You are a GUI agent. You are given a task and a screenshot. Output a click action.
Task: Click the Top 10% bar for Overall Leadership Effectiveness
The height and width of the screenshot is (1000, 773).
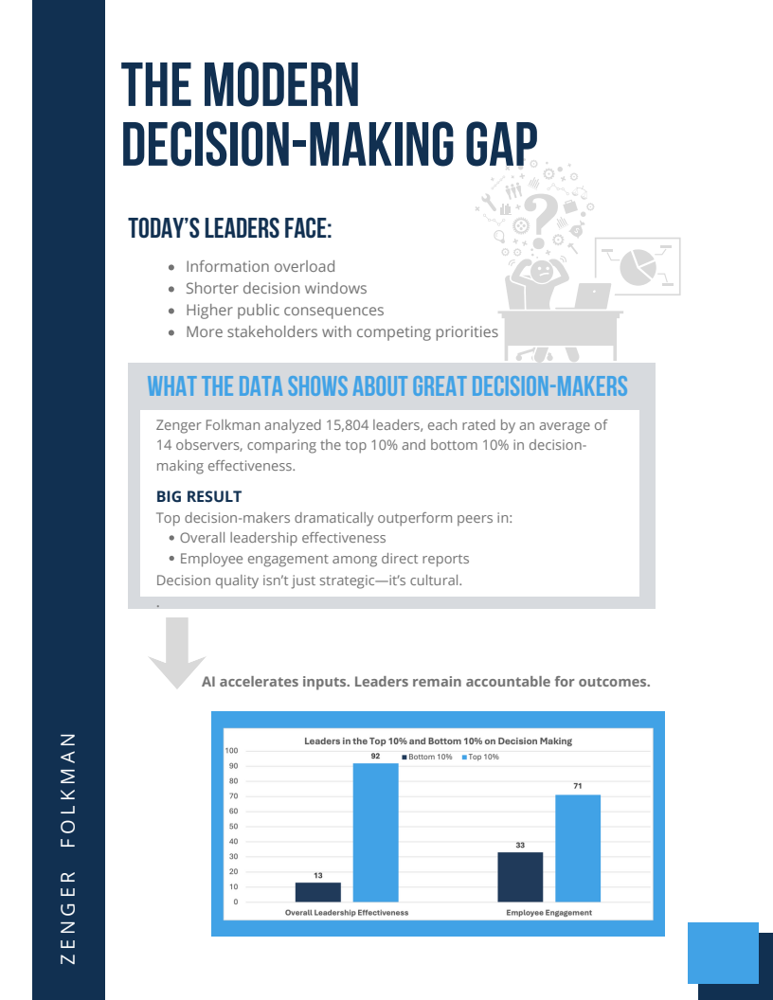click(x=376, y=832)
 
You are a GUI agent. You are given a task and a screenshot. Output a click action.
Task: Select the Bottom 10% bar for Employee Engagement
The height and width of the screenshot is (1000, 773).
click(x=520, y=877)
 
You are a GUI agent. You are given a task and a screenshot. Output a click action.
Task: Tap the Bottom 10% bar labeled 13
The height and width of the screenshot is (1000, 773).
click(x=317, y=892)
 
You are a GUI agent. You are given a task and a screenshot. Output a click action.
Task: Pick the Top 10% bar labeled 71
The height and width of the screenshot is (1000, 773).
click(x=578, y=848)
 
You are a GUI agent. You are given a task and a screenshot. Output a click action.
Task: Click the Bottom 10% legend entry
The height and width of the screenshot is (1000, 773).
click(x=426, y=757)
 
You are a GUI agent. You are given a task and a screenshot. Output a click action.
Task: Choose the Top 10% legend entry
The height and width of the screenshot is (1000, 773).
click(x=480, y=757)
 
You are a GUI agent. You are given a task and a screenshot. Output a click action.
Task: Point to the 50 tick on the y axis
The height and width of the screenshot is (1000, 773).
click(x=233, y=827)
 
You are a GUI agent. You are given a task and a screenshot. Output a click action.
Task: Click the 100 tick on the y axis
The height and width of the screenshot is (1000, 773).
click(x=231, y=751)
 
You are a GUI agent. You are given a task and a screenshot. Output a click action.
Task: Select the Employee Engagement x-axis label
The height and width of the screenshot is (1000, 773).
click(x=548, y=913)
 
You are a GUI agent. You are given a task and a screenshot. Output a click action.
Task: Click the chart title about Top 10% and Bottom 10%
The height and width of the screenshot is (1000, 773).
click(x=439, y=741)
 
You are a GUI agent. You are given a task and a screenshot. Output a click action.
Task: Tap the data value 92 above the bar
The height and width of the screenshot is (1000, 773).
click(x=376, y=756)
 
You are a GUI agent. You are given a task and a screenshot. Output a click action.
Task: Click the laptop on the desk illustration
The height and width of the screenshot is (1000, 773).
click(x=592, y=296)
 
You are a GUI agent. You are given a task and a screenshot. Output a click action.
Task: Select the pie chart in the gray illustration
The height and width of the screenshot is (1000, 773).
click(x=638, y=267)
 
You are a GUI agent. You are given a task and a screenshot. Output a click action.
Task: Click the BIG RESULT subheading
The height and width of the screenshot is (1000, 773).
click(x=199, y=496)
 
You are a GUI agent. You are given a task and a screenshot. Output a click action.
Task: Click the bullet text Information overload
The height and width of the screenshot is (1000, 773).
click(x=261, y=267)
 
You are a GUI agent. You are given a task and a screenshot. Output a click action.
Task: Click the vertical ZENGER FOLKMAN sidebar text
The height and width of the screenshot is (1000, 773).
click(x=67, y=848)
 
